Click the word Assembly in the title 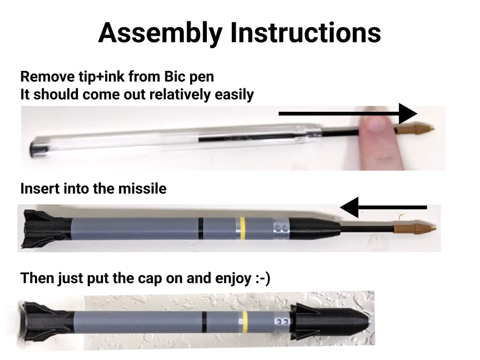coord(160,33)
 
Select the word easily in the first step coord(234,95)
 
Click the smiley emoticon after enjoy coord(263,278)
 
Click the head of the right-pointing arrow coord(408,114)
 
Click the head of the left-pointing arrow coord(349,207)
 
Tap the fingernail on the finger coord(376,124)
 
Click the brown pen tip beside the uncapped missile coord(415,228)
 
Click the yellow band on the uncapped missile coord(242,228)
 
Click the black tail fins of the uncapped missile coord(47,228)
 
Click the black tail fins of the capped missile coord(48,321)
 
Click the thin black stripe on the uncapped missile coord(201,228)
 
